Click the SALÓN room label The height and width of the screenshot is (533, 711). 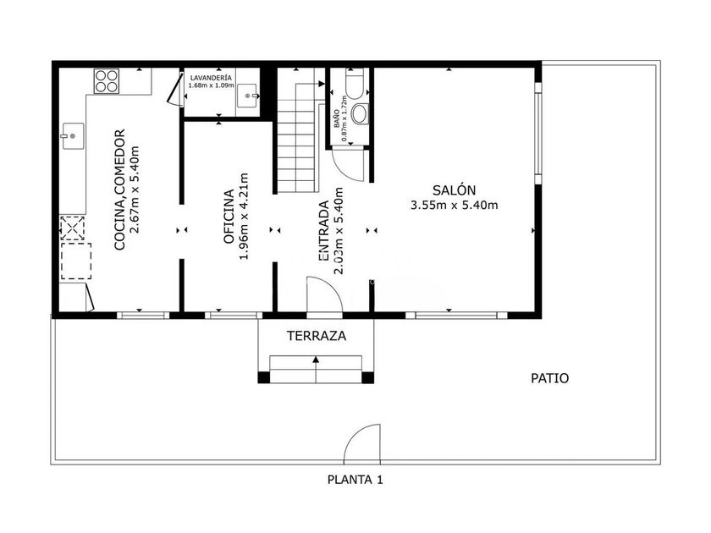pos(454,190)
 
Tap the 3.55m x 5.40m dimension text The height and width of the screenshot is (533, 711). pos(454,206)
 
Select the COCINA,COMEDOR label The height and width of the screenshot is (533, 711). pos(119,190)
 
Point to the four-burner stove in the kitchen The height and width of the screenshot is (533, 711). pos(107,81)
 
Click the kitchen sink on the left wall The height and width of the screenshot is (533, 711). pos(73,136)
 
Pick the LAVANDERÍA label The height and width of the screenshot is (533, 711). pos(211,78)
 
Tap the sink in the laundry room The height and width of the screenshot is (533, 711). pos(248,96)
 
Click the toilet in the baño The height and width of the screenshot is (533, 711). pos(355,84)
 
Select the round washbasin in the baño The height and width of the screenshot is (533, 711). pos(361,113)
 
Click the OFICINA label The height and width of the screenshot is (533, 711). pos(229,217)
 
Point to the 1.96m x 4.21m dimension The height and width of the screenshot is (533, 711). pos(244,217)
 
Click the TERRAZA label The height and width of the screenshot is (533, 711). pos(316,336)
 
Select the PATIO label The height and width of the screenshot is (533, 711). pos(549,378)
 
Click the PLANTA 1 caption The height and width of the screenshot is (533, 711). pos(355,480)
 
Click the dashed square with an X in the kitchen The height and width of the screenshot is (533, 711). pos(73,228)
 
